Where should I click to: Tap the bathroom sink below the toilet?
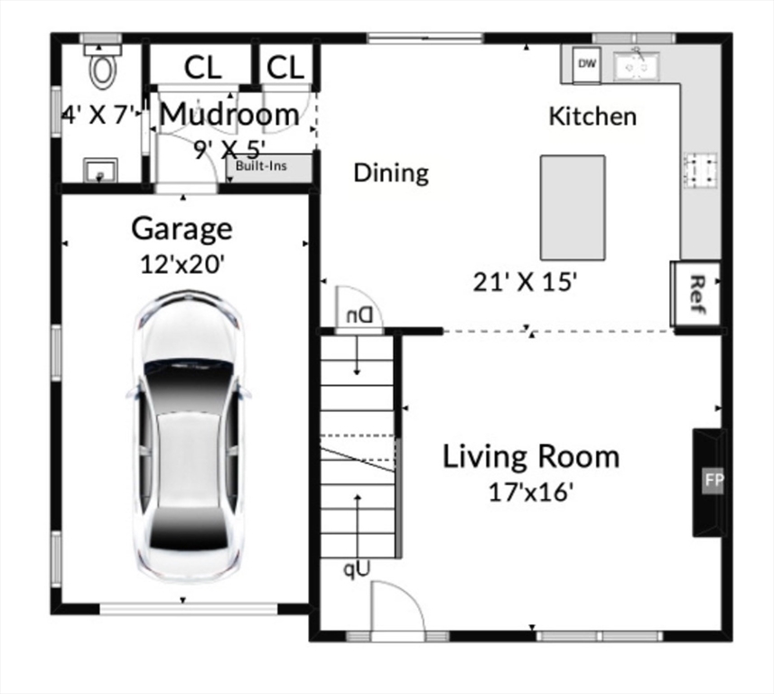point(100,169)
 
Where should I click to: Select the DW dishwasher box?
point(587,64)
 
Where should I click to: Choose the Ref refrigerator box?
point(695,293)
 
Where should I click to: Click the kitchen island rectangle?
point(573,207)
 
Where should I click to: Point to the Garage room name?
point(182,229)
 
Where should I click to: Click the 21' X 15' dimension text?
point(525,282)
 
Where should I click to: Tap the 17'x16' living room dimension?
point(530,492)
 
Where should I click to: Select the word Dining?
point(390,173)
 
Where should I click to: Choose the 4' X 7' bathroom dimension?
point(99,115)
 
